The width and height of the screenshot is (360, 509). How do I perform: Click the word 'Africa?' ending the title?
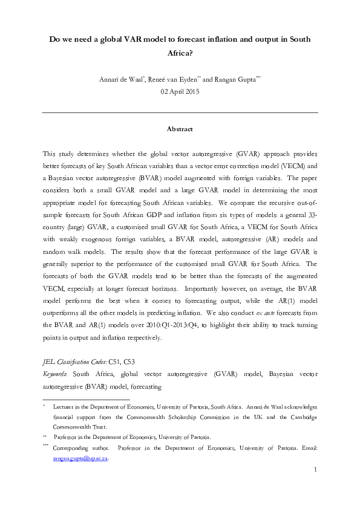(x=180, y=53)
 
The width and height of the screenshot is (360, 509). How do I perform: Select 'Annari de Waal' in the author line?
(x=127, y=80)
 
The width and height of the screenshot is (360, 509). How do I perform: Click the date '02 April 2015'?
(x=180, y=91)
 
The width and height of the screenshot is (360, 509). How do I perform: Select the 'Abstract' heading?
(x=180, y=129)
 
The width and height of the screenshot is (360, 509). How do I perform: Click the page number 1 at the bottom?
(x=315, y=470)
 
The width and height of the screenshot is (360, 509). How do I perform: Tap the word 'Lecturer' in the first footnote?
(x=65, y=409)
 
